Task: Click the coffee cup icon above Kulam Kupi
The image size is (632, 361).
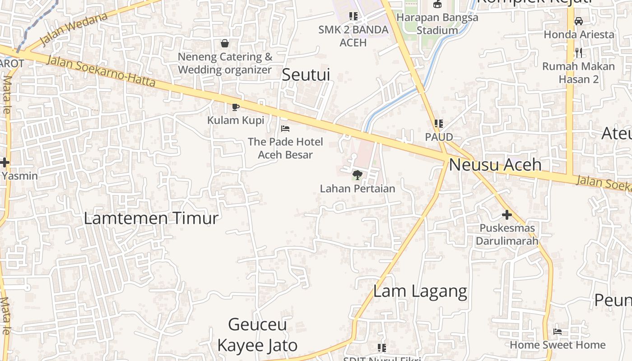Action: (235, 107)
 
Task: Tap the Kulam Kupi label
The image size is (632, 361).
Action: (236, 120)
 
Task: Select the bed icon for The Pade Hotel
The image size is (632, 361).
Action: (285, 129)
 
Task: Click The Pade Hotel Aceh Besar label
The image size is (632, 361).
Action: (285, 148)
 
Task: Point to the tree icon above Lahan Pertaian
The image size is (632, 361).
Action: (357, 175)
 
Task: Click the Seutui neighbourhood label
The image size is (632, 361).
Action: (306, 75)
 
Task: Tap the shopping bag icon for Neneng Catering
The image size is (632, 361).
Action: (225, 43)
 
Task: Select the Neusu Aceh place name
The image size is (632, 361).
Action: (495, 165)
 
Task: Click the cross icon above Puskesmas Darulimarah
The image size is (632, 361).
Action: (507, 215)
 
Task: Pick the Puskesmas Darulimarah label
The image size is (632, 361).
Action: (507, 234)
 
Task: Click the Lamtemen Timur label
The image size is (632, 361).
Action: (151, 218)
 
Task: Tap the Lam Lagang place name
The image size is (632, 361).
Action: (420, 292)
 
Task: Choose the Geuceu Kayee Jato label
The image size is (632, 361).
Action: (257, 335)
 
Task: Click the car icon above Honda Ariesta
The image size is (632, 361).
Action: (579, 21)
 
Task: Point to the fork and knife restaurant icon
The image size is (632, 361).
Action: (579, 53)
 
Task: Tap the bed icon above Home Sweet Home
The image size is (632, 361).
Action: (558, 332)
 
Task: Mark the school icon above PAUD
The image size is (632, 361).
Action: (438, 123)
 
